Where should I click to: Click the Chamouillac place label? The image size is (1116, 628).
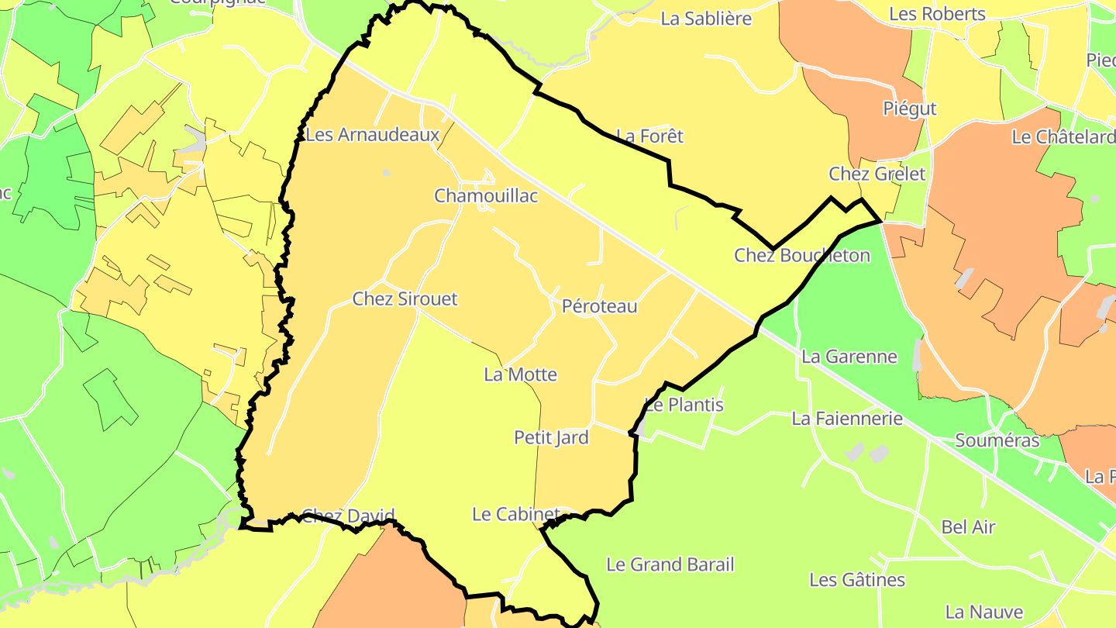pos(486,195)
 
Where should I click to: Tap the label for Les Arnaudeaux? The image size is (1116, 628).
pos(373,135)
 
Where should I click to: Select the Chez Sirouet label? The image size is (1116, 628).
pos(405,298)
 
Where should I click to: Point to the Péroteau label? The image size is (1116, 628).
pos(600,306)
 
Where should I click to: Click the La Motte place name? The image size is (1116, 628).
pos(521,374)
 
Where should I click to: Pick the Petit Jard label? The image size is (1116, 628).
pos(552,437)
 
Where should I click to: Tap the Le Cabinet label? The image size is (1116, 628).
pos(516,514)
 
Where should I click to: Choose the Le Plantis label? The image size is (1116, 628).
pos(685,405)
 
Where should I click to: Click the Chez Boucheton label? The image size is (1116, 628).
pos(802,255)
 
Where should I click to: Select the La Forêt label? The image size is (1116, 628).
pos(650,136)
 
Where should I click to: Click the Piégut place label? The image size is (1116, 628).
pos(910,109)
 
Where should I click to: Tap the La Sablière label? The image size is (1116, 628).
pos(706,19)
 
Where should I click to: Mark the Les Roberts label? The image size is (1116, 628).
pos(938,14)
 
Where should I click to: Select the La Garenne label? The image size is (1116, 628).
pos(849,357)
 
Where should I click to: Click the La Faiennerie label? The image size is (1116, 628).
pos(847,419)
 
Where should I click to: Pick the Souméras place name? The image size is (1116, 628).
pos(997,440)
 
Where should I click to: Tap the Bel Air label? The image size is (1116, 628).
pos(968,527)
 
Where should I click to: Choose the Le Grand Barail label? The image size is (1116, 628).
pos(670,564)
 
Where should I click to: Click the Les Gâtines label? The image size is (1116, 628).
pos(857,580)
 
